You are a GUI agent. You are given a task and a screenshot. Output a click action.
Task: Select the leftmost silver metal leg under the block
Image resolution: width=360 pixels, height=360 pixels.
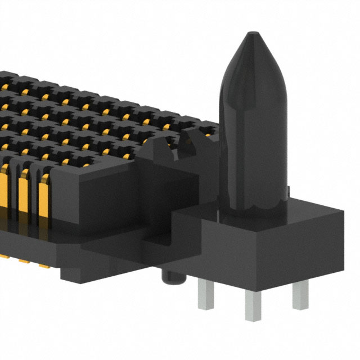(206, 295)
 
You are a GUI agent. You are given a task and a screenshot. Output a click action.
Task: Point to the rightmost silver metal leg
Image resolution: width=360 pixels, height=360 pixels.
(300, 294)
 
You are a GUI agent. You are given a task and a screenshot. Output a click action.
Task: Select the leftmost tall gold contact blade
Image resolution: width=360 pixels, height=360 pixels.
(5, 197)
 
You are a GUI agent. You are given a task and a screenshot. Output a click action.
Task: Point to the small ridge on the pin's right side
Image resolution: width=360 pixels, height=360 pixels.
(287, 191)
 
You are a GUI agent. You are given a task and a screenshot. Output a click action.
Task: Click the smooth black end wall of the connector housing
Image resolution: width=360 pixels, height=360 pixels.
(107, 197)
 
